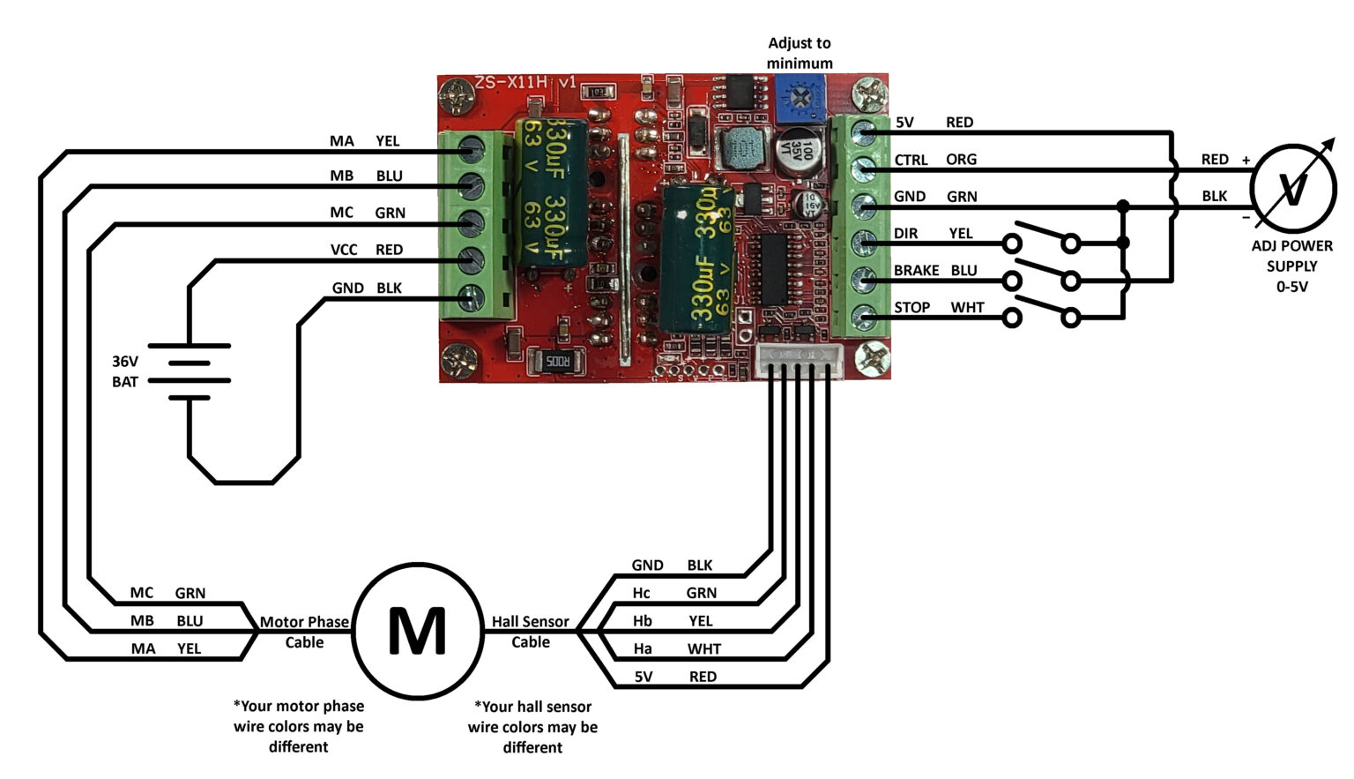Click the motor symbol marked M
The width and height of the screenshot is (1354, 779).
click(x=418, y=632)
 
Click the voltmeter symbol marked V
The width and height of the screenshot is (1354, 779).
click(x=1293, y=189)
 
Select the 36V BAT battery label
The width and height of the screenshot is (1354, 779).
click(x=124, y=371)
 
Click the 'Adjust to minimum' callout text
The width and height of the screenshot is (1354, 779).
click(x=799, y=53)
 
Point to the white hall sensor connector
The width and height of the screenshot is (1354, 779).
click(x=799, y=360)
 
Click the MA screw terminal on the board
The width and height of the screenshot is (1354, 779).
click(x=472, y=151)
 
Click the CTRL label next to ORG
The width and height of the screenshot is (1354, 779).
click(x=911, y=160)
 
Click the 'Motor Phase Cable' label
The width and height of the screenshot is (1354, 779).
click(x=304, y=632)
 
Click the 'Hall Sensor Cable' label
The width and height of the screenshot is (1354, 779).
click(x=530, y=632)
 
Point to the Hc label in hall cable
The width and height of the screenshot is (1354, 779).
click(x=642, y=593)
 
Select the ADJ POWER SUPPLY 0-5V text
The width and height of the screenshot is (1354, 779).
click(x=1291, y=266)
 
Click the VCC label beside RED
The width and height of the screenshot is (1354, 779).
click(x=344, y=250)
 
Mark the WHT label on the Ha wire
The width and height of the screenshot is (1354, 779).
click(x=703, y=649)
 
